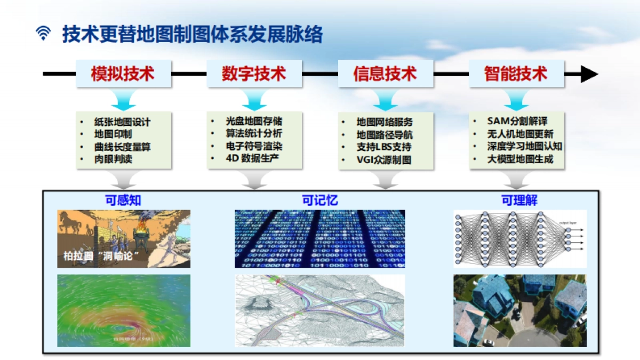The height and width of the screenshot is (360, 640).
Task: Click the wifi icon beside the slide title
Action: pyautogui.click(x=43, y=34)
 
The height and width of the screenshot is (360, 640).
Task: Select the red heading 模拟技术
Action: pyautogui.click(x=123, y=74)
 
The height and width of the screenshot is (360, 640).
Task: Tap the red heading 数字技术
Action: pyautogui.click(x=254, y=74)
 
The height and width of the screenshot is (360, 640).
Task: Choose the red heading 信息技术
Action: pyautogui.click(x=385, y=74)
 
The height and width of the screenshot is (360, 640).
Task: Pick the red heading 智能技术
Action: pyautogui.click(x=516, y=74)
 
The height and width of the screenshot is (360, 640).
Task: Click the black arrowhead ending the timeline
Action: pyautogui.click(x=589, y=74)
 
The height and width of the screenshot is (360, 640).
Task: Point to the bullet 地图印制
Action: pyautogui.click(x=113, y=134)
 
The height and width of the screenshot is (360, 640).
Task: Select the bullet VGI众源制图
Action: pyautogui.click(x=384, y=159)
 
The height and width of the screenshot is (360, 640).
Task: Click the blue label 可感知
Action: pyautogui.click(x=123, y=201)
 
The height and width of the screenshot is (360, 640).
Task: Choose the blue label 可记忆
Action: pyautogui.click(x=320, y=201)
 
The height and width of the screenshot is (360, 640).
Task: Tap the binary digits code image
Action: pyautogui.click(x=320, y=238)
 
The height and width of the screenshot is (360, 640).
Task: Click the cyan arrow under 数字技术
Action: pyautogui.click(x=254, y=99)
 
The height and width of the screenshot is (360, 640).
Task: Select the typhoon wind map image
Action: pyautogui.click(x=124, y=310)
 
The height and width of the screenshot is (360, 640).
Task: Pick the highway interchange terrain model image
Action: pyautogui.click(x=320, y=310)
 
